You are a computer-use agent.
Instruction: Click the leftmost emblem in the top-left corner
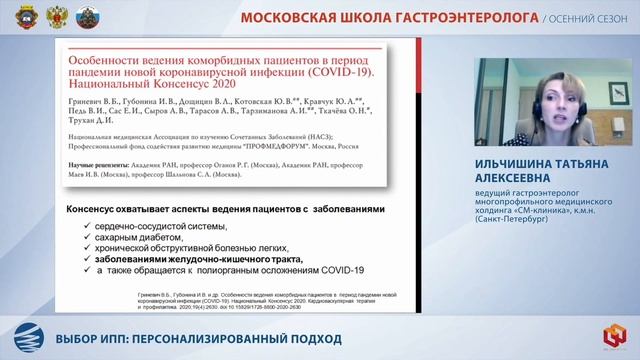(x=13, y=16)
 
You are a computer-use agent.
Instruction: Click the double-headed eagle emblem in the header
(x=37, y=16)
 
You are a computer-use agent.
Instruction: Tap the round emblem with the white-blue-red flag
(x=61, y=16)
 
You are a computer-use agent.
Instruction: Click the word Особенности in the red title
(x=106, y=61)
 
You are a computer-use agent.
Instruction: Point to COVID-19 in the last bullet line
(x=341, y=269)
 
